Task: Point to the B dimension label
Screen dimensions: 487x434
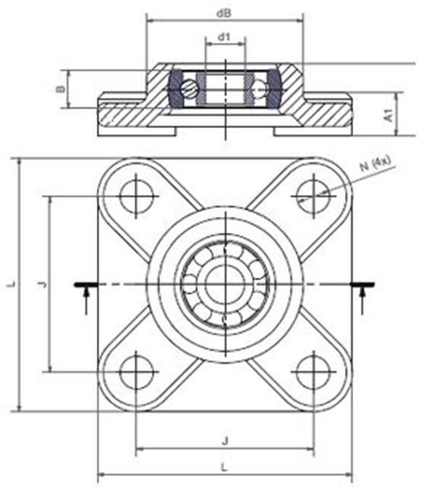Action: [x=60, y=89]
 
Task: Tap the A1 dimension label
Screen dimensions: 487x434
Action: [x=388, y=115]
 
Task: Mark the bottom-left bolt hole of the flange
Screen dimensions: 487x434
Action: [x=136, y=372]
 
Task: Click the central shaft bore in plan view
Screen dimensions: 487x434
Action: [x=225, y=284]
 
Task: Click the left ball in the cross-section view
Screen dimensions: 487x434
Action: [x=188, y=90]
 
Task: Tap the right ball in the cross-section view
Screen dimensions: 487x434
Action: [x=263, y=90]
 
